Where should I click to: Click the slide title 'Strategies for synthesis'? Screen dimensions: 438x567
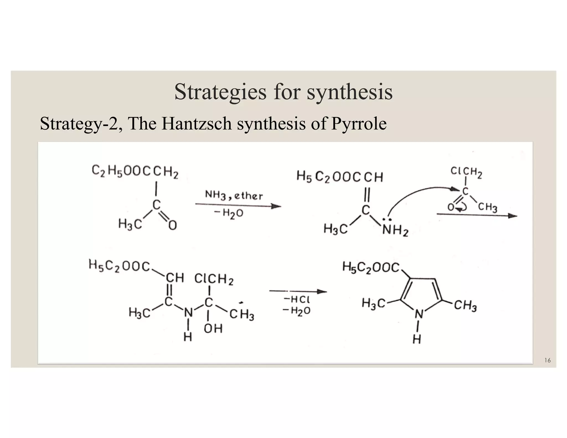(283, 92)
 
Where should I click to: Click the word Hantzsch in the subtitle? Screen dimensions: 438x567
(196, 123)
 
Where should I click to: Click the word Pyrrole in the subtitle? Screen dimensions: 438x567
(359, 123)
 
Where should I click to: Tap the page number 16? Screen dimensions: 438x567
(547, 360)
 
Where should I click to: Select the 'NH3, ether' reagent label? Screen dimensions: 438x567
(234, 195)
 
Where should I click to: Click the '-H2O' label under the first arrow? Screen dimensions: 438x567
(229, 213)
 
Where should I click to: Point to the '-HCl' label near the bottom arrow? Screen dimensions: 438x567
(296, 299)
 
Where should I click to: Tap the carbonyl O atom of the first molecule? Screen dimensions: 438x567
(172, 225)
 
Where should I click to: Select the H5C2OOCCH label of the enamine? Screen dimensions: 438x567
(340, 176)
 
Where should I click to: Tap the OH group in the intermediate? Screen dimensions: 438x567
(213, 329)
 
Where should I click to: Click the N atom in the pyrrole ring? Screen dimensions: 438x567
(419, 314)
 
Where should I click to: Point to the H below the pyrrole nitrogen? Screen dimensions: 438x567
(417, 339)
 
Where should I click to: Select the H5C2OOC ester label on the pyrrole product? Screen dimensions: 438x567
(371, 267)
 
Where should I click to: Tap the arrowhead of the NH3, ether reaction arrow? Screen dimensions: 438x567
(276, 206)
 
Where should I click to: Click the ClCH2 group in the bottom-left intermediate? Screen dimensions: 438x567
(214, 279)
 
